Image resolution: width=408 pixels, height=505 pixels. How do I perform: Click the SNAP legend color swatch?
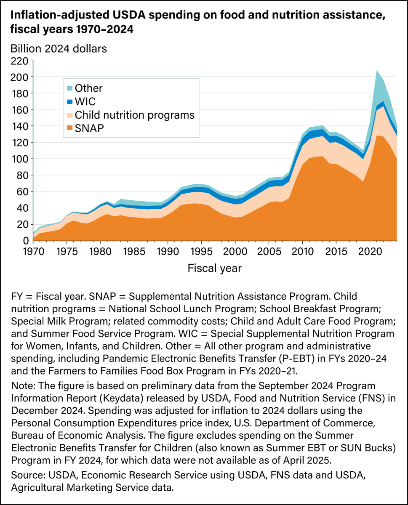pos(69,128)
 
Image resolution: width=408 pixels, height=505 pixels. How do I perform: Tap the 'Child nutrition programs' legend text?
pos(135,115)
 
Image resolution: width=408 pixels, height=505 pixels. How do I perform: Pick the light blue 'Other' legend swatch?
pos(69,88)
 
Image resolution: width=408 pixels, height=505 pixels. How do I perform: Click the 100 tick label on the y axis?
pos(19,159)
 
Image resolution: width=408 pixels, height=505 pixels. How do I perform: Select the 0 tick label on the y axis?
pos(24,241)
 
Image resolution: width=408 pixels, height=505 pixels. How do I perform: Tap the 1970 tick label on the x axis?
pos(33,251)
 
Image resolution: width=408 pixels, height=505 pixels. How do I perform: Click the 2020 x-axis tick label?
pos(370,251)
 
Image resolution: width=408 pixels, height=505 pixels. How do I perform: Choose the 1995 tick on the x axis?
pos(201,251)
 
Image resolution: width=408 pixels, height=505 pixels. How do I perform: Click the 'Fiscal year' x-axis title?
pos(215,268)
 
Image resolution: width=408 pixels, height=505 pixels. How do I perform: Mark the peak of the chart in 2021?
pos(376,71)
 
